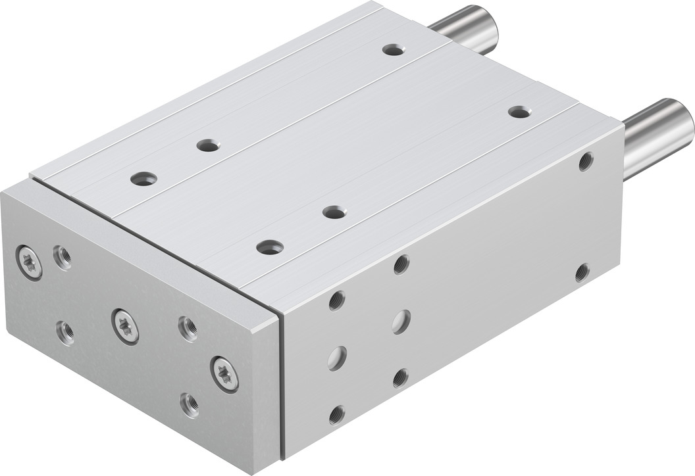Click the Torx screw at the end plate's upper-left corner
click(x=29, y=262)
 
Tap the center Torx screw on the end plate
click(x=125, y=325)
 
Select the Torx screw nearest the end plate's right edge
click(x=224, y=374)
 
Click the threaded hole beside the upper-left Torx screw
click(x=63, y=256)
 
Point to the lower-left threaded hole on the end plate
click(x=65, y=333)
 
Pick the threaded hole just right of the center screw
click(x=188, y=328)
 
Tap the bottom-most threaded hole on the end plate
click(x=190, y=404)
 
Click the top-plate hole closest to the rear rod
click(x=394, y=50)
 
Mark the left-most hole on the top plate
click(x=143, y=178)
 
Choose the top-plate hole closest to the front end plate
click(x=270, y=247)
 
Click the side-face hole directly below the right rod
click(x=586, y=161)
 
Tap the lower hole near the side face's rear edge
click(x=582, y=272)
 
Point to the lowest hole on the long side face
click(x=337, y=414)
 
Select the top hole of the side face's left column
click(x=337, y=300)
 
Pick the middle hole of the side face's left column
click(x=337, y=358)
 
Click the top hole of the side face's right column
click(x=401, y=264)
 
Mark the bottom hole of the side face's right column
click(x=400, y=377)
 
